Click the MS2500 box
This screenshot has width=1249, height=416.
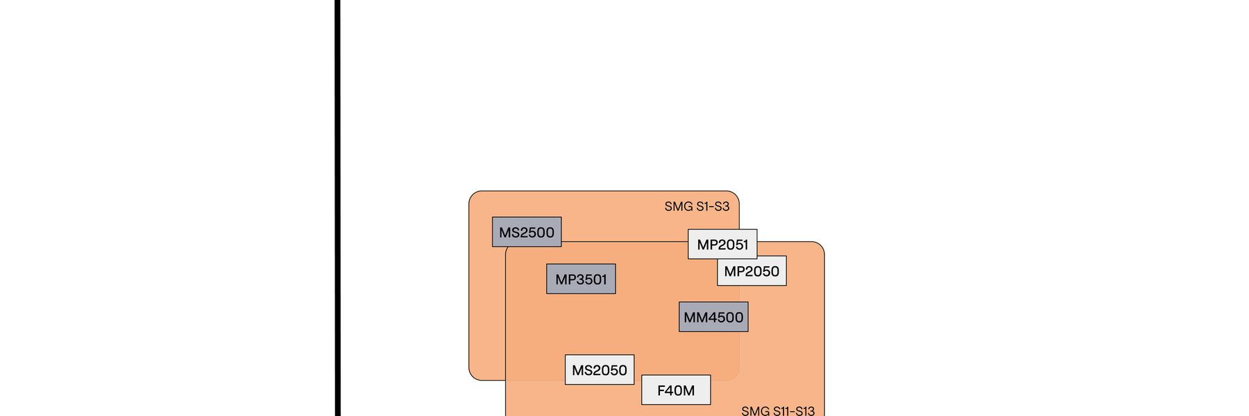tap(527, 232)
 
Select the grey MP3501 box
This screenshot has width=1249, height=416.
tap(581, 279)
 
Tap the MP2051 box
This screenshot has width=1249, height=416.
tap(722, 245)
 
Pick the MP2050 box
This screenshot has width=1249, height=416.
tap(751, 271)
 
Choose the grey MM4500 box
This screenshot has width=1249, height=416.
tap(713, 317)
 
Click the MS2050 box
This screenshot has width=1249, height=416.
tap(600, 370)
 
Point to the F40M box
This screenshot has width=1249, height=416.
tap(676, 390)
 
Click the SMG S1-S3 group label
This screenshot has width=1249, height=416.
tap(697, 206)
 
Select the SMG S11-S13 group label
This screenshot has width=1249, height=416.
tap(778, 410)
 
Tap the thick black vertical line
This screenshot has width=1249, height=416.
tap(338, 208)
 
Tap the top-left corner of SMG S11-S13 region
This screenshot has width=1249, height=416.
tap(509, 245)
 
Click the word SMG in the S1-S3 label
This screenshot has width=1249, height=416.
tap(678, 206)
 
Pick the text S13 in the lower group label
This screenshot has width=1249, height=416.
tap(804, 410)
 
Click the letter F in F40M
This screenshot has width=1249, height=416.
tap(661, 390)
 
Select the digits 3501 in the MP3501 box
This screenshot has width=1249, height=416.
tap(592, 279)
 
